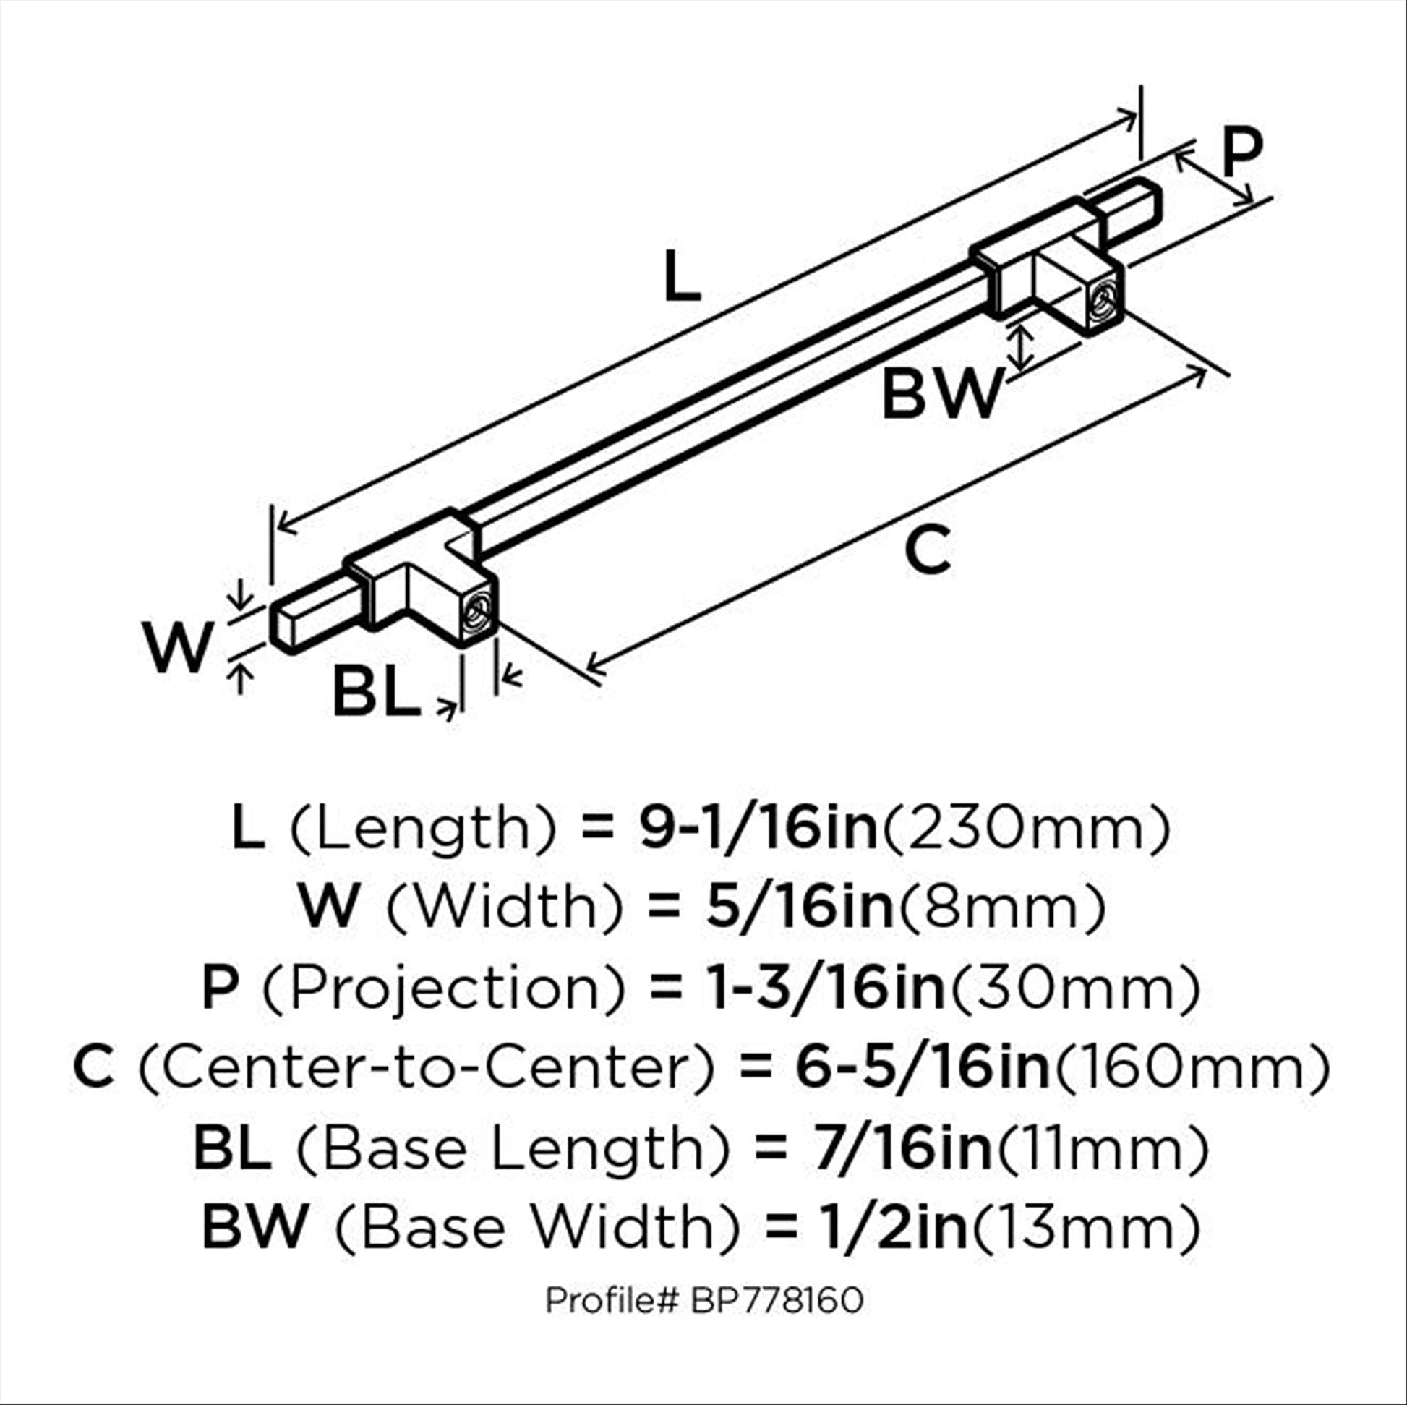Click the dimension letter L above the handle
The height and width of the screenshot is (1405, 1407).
pyautogui.click(x=683, y=276)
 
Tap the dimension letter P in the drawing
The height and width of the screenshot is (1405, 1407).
pyautogui.click(x=1241, y=153)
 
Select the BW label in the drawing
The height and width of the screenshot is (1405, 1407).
pyautogui.click(x=940, y=394)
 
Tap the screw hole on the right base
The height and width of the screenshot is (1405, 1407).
pyautogui.click(x=1102, y=300)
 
